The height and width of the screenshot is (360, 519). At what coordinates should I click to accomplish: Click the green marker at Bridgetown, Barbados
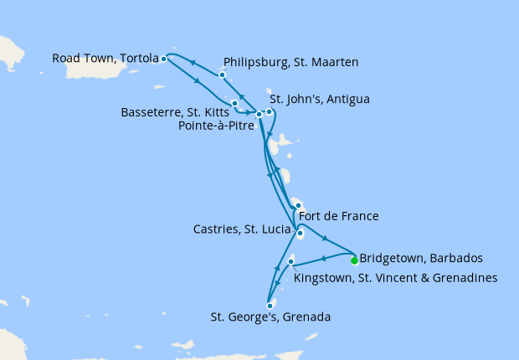pyautogui.click(x=354, y=260)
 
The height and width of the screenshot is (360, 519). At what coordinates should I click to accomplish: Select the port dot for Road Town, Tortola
pyautogui.click(x=164, y=59)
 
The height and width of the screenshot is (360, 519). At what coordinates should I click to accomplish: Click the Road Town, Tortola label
pyautogui.click(x=105, y=59)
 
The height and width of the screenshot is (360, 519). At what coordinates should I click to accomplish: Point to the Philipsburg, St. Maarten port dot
pyautogui.click(x=222, y=75)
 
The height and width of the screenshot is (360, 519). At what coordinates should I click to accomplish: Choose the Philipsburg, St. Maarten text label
pyautogui.click(x=291, y=62)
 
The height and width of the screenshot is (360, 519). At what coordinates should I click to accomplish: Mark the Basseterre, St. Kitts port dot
pyautogui.click(x=235, y=104)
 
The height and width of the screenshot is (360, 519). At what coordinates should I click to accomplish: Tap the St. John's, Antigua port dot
pyautogui.click(x=269, y=111)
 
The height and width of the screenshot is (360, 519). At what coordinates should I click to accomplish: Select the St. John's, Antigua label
pyautogui.click(x=319, y=99)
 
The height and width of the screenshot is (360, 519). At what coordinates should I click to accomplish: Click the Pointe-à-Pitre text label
pyautogui.click(x=218, y=126)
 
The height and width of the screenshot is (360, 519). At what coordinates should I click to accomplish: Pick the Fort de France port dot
pyautogui.click(x=298, y=205)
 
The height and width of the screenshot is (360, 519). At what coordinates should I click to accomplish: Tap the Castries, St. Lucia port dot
pyautogui.click(x=300, y=234)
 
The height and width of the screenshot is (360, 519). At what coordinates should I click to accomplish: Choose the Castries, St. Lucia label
pyautogui.click(x=243, y=228)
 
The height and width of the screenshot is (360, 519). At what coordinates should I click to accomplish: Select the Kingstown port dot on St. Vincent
pyautogui.click(x=290, y=262)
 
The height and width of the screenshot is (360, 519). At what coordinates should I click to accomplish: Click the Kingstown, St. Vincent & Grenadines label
pyautogui.click(x=396, y=277)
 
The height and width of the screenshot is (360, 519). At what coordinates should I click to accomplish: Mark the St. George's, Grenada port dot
pyautogui.click(x=270, y=306)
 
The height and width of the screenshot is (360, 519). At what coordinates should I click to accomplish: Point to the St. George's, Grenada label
pyautogui.click(x=270, y=317)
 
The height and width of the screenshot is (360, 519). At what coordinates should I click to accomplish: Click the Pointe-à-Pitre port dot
pyautogui.click(x=259, y=115)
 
